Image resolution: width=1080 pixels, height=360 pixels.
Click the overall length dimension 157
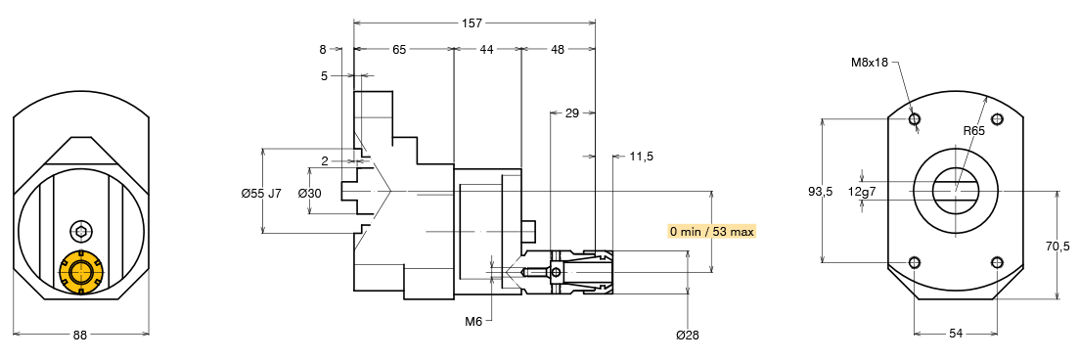pyautogui.click(x=473, y=22)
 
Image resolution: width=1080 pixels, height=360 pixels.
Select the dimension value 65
pyautogui.click(x=399, y=49)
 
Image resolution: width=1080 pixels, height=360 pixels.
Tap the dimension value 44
pyautogui.click(x=486, y=49)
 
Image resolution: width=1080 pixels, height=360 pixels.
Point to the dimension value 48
pyautogui.click(x=558, y=49)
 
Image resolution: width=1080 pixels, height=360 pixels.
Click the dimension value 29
pyautogui.click(x=571, y=112)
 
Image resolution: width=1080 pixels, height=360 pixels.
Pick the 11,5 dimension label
pyautogui.click(x=642, y=157)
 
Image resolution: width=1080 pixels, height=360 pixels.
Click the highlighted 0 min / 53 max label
pyautogui.click(x=712, y=231)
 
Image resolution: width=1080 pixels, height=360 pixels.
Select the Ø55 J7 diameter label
pyautogui.click(x=262, y=194)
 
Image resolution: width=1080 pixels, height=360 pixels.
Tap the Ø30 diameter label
pyautogui.click(x=310, y=194)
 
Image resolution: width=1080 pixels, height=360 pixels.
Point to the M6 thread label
pyautogui.click(x=473, y=320)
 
